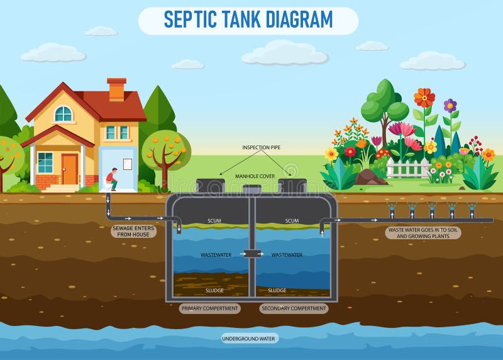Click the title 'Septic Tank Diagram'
(248, 20)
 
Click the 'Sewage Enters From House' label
(134, 231)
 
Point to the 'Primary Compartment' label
(209, 308)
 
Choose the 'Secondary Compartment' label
(294, 308)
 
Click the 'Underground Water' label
(249, 339)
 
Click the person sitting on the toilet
(112, 178)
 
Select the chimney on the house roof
(116, 89)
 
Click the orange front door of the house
(70, 169)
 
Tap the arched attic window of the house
(64, 114)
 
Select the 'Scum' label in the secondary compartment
(292, 221)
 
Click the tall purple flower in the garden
(450, 106)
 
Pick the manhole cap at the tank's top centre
(251, 189)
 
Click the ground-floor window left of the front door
(45, 162)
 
